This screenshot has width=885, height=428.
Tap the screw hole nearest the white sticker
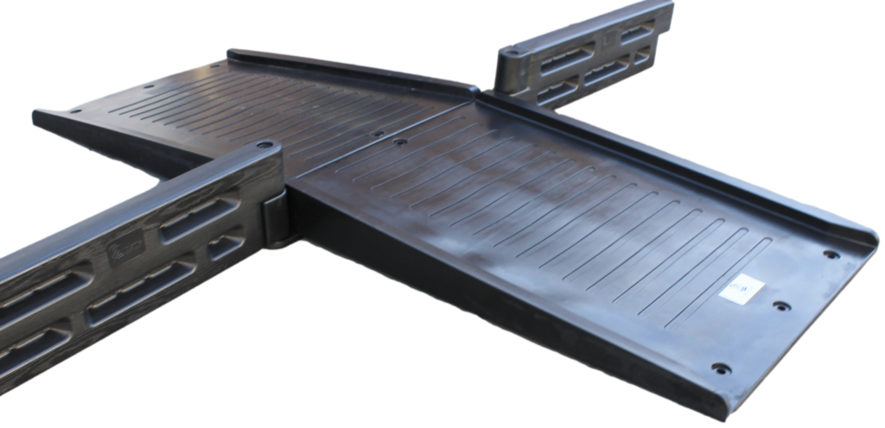(x=781, y=305)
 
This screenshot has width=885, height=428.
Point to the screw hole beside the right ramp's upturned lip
(x=831, y=255)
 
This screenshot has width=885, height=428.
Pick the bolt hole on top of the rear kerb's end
(x=513, y=52)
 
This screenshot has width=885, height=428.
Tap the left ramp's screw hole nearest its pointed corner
(x=74, y=110)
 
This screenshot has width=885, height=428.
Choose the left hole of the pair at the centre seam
(x=377, y=135)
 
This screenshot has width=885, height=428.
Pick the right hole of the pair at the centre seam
(x=399, y=141)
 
